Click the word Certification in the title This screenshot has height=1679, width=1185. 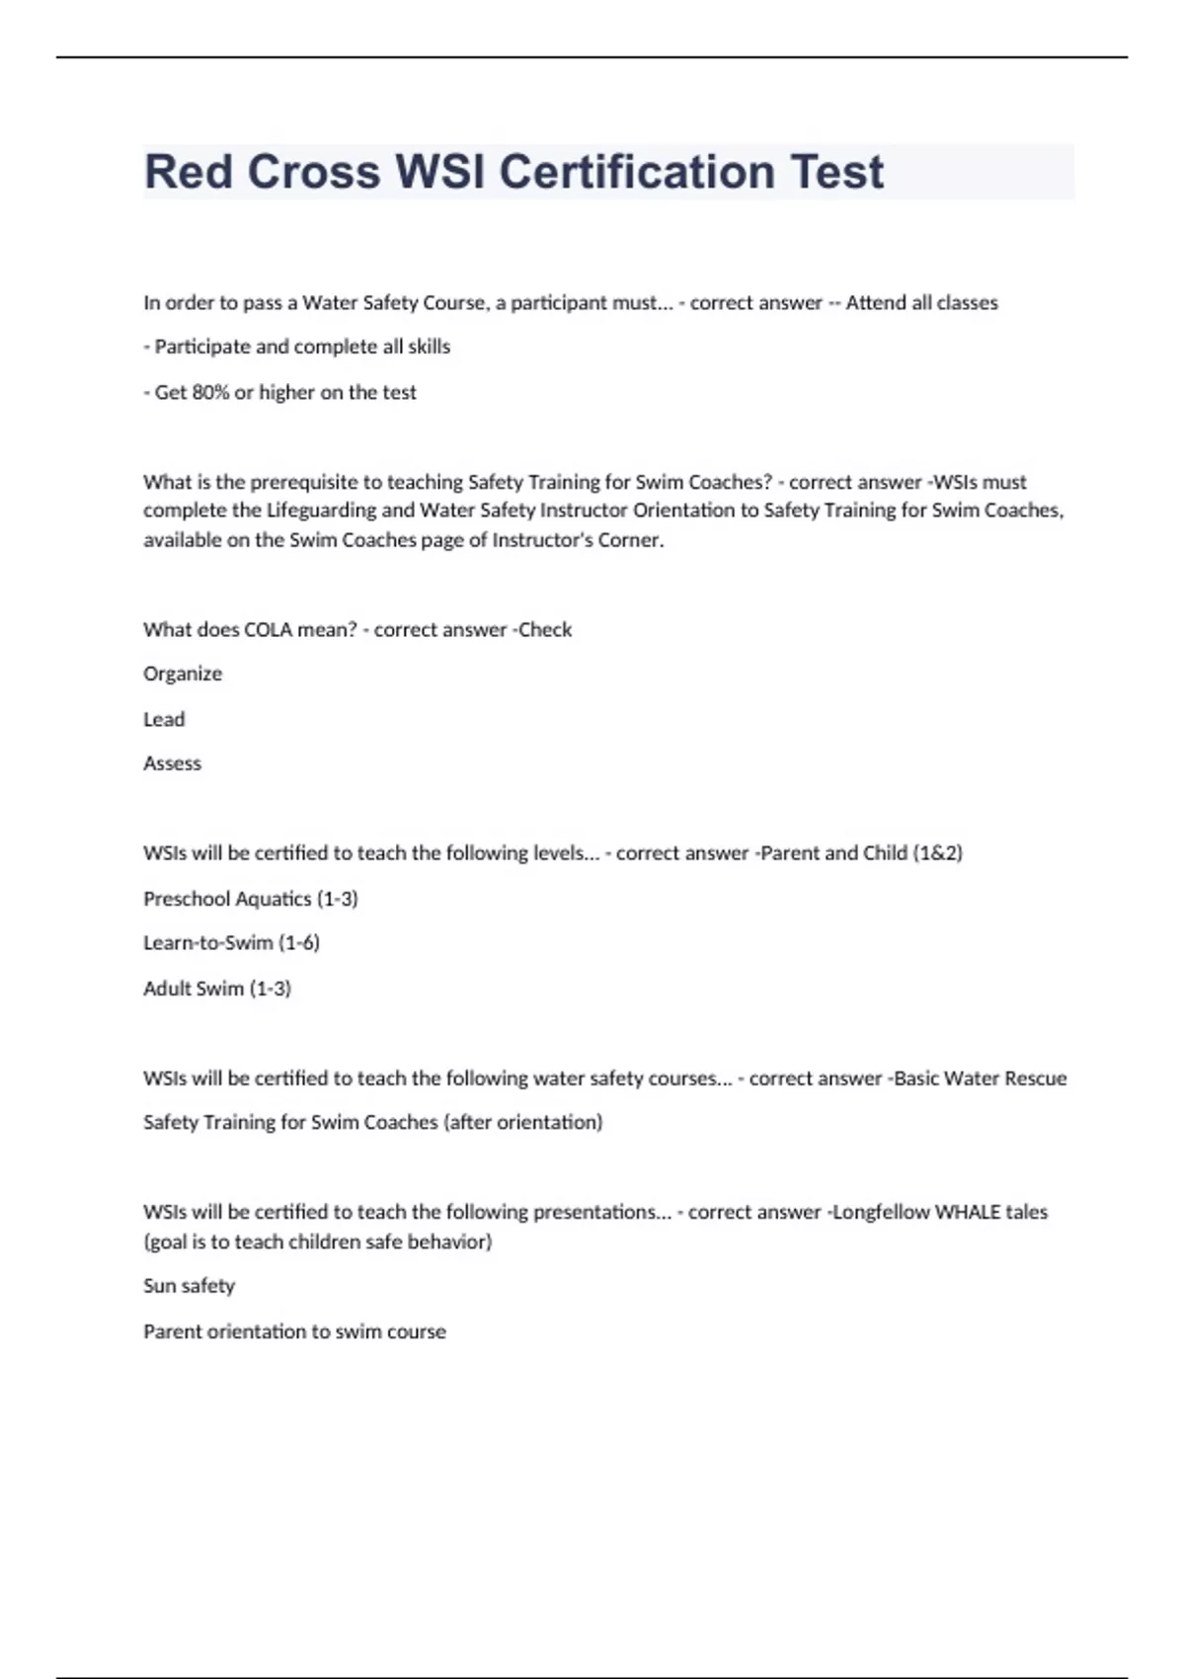click(637, 172)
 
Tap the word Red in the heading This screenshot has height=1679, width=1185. click(189, 172)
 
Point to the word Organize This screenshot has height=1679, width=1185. click(183, 675)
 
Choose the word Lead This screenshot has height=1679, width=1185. click(164, 719)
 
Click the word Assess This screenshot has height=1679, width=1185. click(172, 763)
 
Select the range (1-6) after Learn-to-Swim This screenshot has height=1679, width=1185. click(299, 943)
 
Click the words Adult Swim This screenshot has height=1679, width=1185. click(194, 989)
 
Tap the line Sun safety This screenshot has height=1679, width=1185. click(189, 1286)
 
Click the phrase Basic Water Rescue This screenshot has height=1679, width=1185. click(980, 1079)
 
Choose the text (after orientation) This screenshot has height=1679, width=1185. click(522, 1123)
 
